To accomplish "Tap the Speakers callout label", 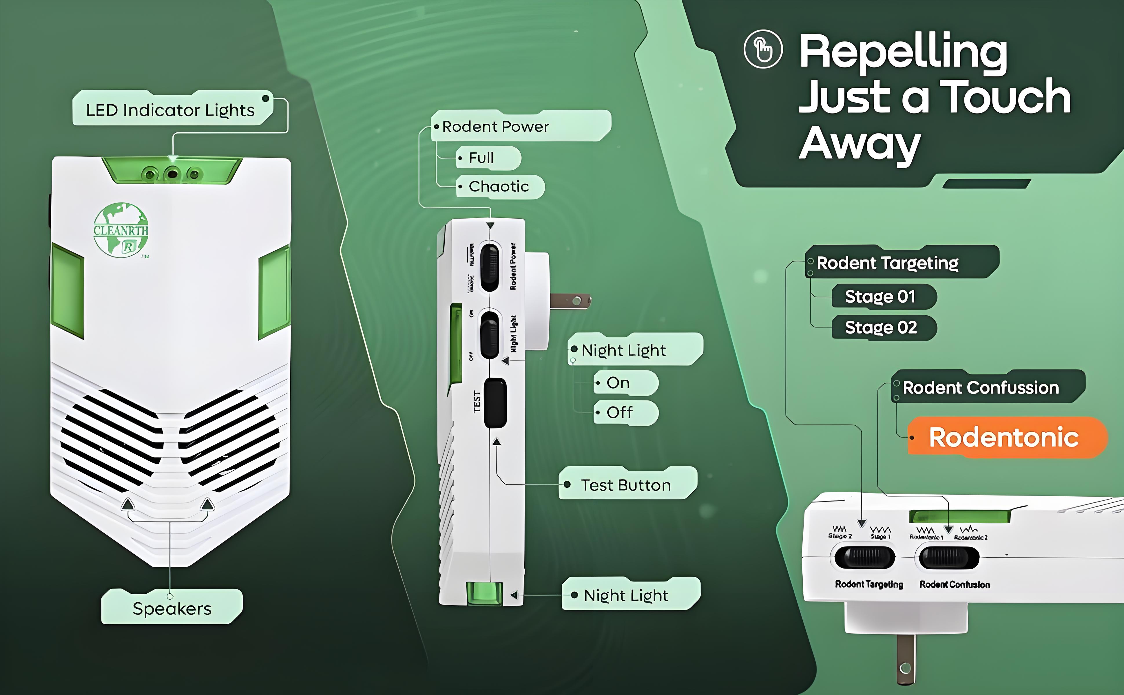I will pos(172,608).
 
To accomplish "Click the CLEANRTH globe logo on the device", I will pos(121,230).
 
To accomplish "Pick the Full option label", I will pos(481,158).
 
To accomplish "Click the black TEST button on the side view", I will pos(495,403).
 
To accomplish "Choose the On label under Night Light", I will pos(618,383).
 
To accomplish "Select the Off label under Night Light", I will pos(620,412).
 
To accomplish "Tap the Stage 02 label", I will pos(881,327).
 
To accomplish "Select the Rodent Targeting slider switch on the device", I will pos(864,557).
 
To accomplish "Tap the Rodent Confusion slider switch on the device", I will pos(949,557).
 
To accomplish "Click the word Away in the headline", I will pos(860,143).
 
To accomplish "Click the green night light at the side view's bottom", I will pos(483,593).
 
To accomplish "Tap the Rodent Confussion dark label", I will pos(981,387).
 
